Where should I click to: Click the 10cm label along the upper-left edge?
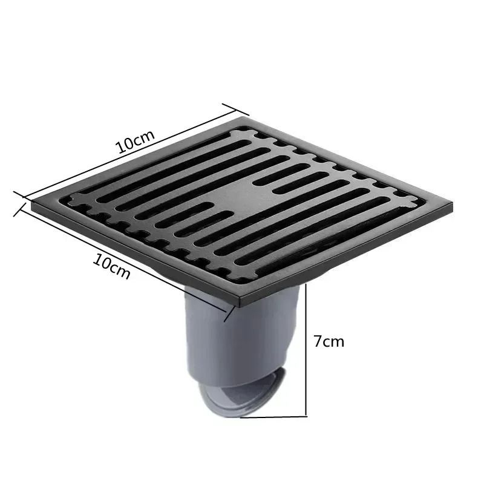point(136,142)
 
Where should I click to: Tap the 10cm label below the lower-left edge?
point(112,266)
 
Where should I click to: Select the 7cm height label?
point(329,341)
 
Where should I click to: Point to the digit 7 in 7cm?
point(318,341)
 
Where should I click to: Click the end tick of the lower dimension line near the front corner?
point(229,314)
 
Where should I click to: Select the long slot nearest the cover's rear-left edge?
point(151,163)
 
